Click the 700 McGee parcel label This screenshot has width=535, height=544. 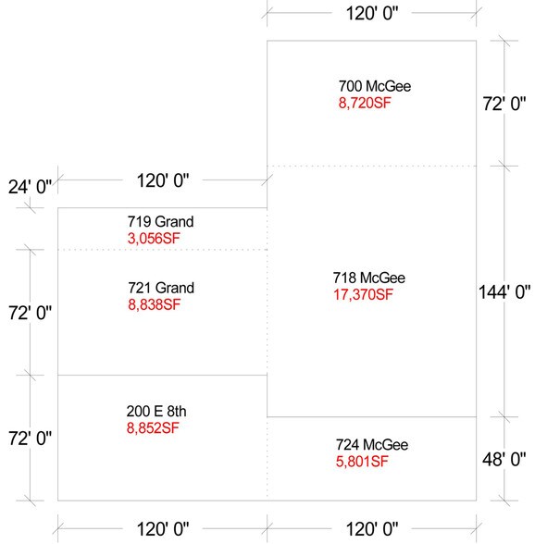click(374, 87)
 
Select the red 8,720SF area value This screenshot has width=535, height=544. click(365, 103)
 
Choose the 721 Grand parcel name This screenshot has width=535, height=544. click(162, 289)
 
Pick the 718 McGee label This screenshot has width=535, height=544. click(368, 278)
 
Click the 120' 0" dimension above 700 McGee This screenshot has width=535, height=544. click(371, 15)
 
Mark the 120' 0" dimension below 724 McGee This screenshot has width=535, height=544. click(371, 529)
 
